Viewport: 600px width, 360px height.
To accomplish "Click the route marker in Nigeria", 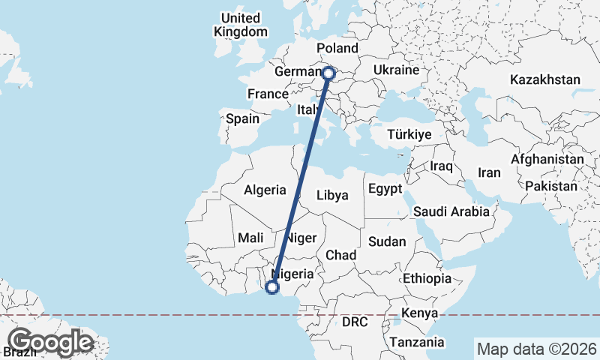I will (x=272, y=286).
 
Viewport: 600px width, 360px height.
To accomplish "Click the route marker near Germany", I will (x=328, y=73).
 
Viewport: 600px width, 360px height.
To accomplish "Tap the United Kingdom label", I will (x=240, y=25).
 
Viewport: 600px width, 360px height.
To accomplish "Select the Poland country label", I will (x=337, y=48).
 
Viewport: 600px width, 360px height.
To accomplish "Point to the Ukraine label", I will (x=394, y=70).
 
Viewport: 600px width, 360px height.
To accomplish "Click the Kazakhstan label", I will (x=545, y=79).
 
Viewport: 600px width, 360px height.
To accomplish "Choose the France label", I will (x=268, y=94).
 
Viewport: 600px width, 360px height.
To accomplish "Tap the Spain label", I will (x=242, y=118).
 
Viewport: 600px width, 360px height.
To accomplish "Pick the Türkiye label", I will (x=409, y=135).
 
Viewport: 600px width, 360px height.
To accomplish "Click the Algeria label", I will (x=265, y=190).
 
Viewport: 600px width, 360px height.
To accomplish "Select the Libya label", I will (x=332, y=195).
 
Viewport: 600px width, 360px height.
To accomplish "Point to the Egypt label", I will (x=385, y=189).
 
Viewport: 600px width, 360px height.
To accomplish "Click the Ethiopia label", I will (x=427, y=278).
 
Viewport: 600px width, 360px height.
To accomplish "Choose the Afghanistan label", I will (x=547, y=160).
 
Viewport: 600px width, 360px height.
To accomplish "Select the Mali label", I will (x=250, y=237).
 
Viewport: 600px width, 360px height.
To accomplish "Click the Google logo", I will (x=50, y=342).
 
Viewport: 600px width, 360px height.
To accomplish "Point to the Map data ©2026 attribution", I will (x=536, y=349).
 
